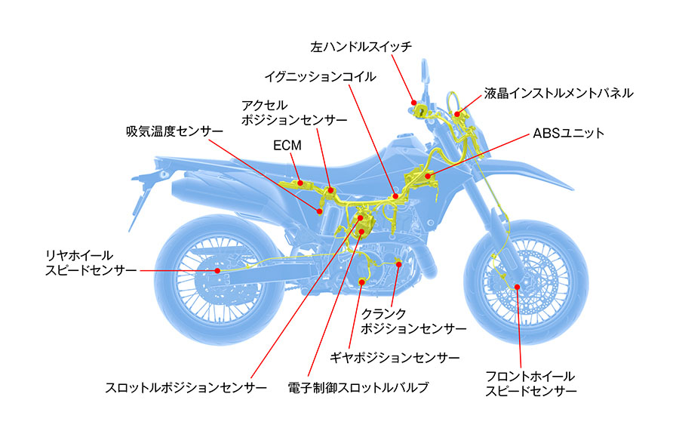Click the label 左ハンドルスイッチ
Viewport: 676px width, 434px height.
(x=361, y=47)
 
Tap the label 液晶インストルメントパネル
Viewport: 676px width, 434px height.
(x=559, y=93)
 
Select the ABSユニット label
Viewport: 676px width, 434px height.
(x=569, y=134)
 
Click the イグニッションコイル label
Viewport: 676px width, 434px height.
(x=320, y=76)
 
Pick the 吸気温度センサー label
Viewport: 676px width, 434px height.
(x=174, y=131)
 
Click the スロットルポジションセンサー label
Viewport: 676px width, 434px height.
(x=186, y=388)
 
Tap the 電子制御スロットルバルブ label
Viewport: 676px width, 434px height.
(x=358, y=388)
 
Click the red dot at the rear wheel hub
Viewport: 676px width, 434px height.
(x=217, y=270)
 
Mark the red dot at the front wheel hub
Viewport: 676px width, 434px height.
(x=517, y=285)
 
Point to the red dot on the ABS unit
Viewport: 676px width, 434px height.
(x=427, y=177)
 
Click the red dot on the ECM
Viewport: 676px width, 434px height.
(x=300, y=182)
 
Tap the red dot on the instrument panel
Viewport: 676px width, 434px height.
(x=456, y=115)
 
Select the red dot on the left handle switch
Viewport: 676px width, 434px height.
(x=413, y=101)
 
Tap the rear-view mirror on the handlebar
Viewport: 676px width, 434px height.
(x=427, y=73)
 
